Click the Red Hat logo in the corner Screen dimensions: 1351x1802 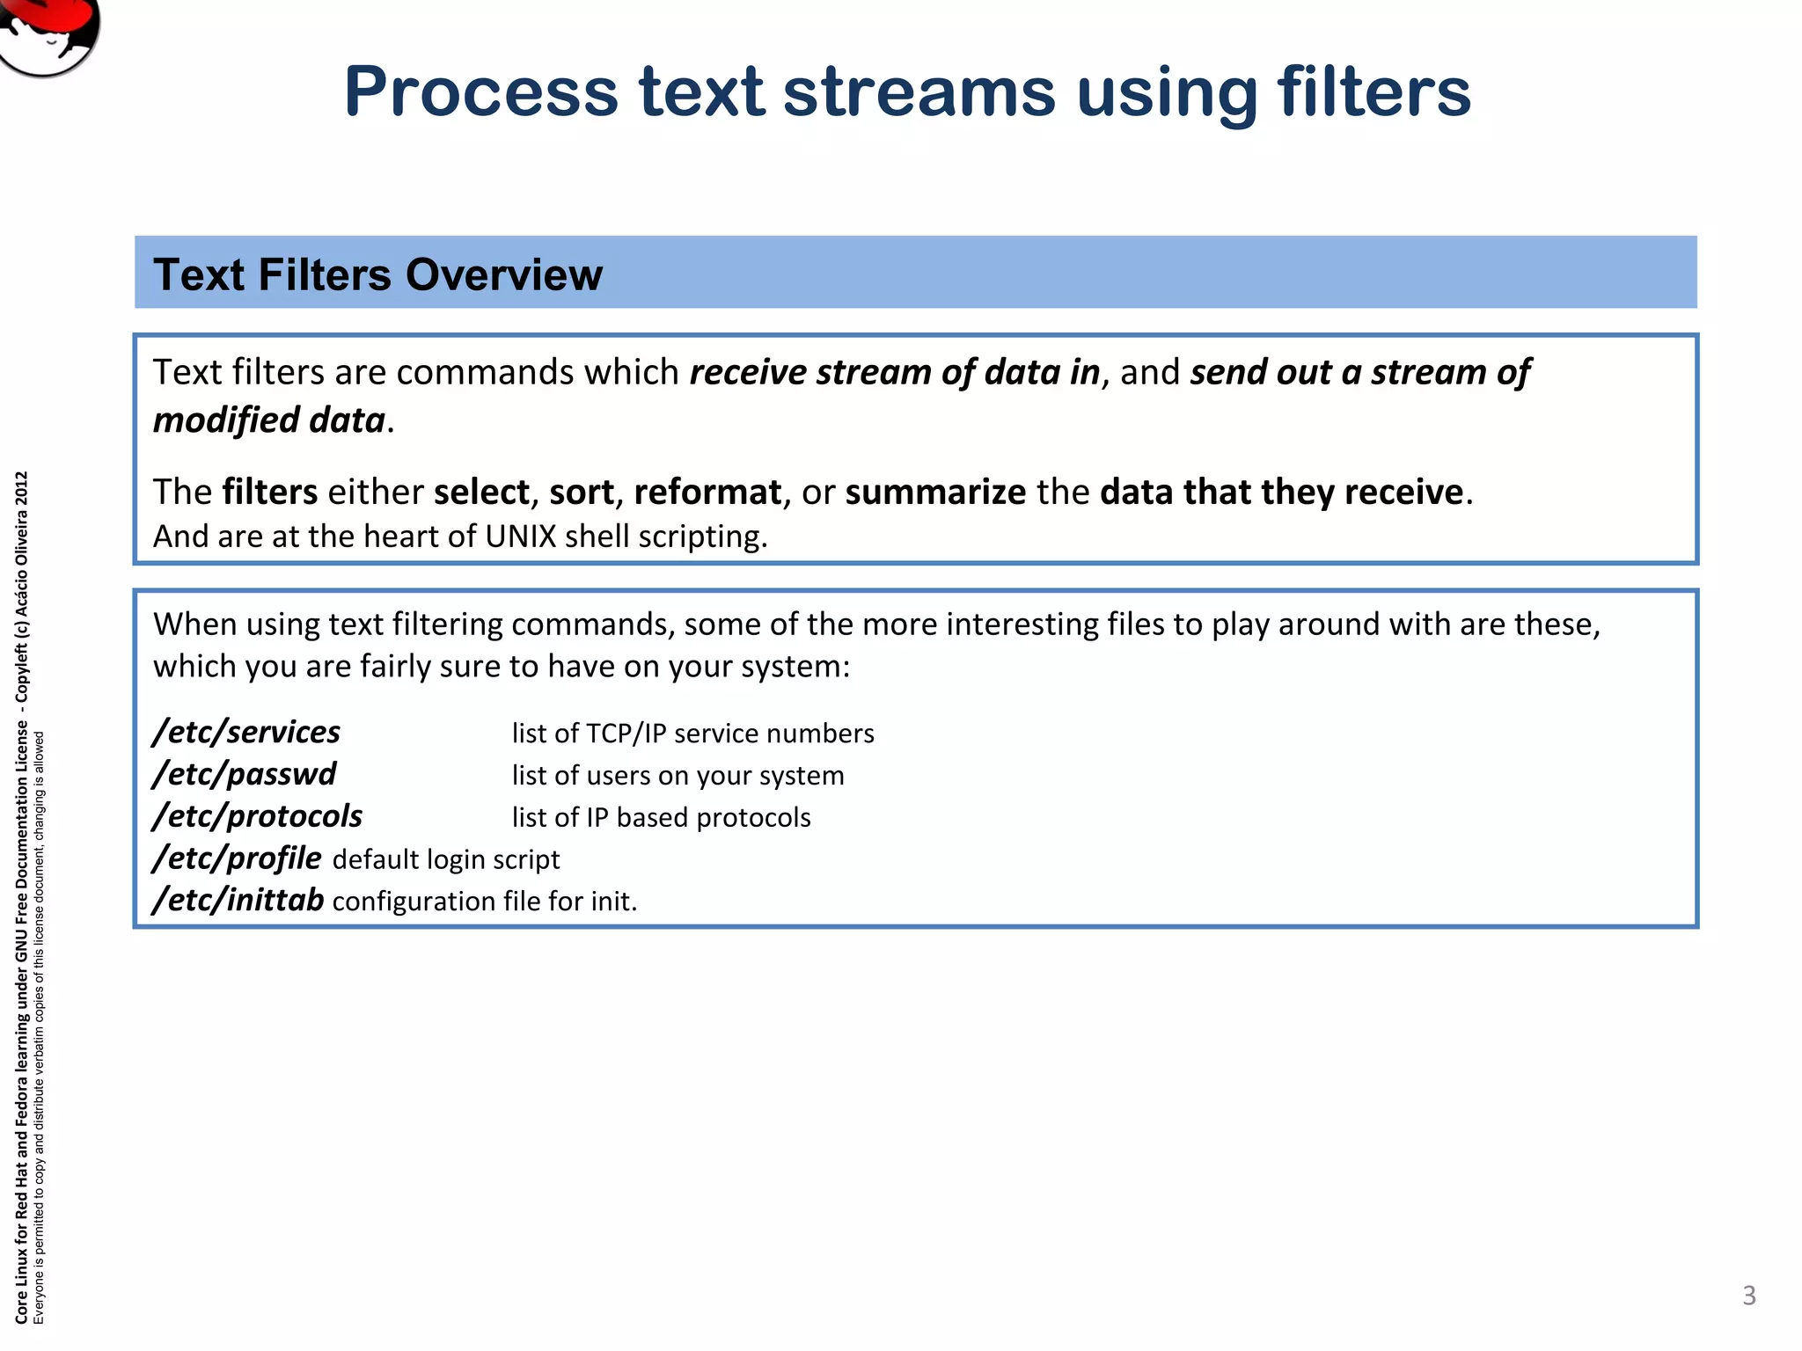[x=48, y=31]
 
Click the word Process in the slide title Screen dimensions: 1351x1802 [x=481, y=92]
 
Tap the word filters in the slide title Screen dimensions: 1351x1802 [x=1373, y=92]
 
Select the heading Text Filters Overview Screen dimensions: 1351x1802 [x=377, y=274]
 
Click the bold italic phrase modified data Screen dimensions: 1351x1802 [x=269, y=420]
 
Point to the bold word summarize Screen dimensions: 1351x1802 [x=935, y=492]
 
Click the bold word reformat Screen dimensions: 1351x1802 [x=707, y=492]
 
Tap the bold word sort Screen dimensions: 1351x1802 [x=581, y=492]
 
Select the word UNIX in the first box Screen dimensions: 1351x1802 [x=520, y=537]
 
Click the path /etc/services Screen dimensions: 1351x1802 [x=246, y=732]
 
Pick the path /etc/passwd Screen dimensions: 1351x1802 [x=245, y=774]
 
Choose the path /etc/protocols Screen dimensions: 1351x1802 [x=257, y=816]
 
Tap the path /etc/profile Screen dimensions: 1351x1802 [x=238, y=858]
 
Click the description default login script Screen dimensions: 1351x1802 [x=446, y=859]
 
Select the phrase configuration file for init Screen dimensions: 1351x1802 [x=484, y=902]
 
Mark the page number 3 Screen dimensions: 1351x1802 [x=1749, y=1296]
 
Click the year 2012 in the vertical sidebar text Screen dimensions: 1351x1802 [x=22, y=487]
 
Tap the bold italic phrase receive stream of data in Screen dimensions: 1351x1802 [x=894, y=373]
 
